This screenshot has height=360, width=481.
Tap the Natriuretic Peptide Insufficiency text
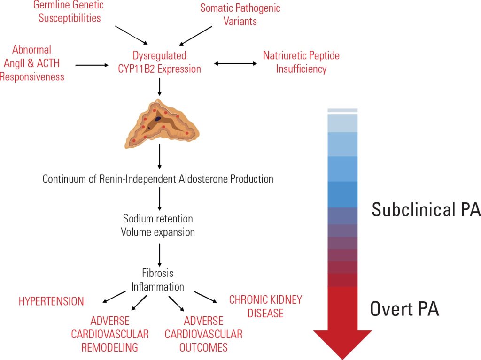pos(301,62)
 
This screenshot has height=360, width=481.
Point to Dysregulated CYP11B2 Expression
pos(160,62)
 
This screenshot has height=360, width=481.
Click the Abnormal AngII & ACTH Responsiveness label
pos(32,63)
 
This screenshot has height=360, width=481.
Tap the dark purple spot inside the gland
pos(158,119)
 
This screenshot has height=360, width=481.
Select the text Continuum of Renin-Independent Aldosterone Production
pos(158,179)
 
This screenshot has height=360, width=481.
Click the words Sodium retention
pos(158,219)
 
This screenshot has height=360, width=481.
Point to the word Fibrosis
pos(157,273)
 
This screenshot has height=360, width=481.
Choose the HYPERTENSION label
pos(51,301)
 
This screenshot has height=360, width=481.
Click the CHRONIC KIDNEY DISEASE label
pos(265,306)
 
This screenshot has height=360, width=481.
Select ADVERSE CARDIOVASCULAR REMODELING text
pos(110,334)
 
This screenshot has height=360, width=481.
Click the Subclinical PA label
pos(426,210)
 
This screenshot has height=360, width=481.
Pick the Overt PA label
pos(404,309)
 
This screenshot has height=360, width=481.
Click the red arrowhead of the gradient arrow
pos(342,343)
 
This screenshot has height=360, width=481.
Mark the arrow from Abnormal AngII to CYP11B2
pos(92,65)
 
